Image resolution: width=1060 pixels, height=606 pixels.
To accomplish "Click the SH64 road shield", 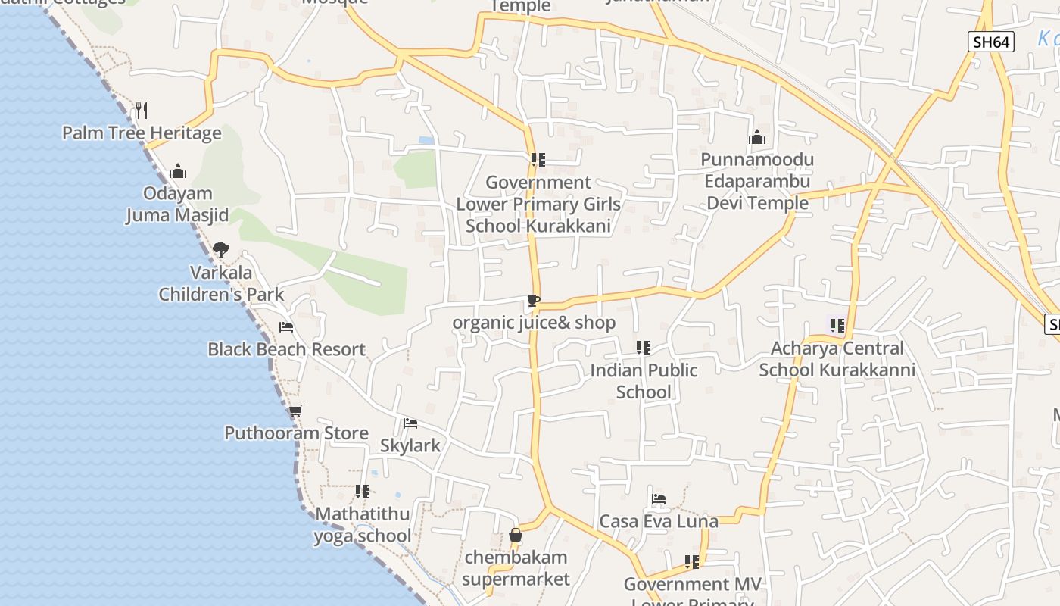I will pyautogui.click(x=991, y=42).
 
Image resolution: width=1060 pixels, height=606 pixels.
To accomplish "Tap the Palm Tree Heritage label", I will pyautogui.click(x=142, y=133).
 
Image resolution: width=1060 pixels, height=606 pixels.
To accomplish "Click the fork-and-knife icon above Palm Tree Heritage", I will pyautogui.click(x=142, y=111).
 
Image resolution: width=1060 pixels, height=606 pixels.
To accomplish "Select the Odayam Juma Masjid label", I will pyautogui.click(x=177, y=205).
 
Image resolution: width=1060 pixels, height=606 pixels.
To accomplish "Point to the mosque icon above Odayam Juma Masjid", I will pyautogui.click(x=178, y=171).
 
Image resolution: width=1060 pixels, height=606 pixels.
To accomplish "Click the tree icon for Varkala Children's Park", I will pyautogui.click(x=220, y=249).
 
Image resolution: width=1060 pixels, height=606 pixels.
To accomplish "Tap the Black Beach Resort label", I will pyautogui.click(x=286, y=349).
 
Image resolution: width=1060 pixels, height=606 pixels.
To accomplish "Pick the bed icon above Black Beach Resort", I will pyautogui.click(x=286, y=327).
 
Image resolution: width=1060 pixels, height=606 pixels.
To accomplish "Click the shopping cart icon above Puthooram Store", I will pyautogui.click(x=295, y=411).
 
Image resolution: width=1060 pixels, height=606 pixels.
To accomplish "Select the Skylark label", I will pyautogui.click(x=410, y=445).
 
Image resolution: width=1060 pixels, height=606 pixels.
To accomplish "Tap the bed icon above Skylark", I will pyautogui.click(x=410, y=423).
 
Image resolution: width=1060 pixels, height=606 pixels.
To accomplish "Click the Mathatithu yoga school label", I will pyautogui.click(x=363, y=525).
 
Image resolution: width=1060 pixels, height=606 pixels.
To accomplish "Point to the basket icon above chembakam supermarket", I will pyautogui.click(x=516, y=535).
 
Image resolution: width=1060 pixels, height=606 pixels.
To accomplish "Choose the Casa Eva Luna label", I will pyautogui.click(x=658, y=522).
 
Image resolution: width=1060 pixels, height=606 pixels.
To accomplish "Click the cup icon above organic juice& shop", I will pyautogui.click(x=534, y=301).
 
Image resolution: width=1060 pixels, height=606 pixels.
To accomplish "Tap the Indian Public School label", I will pyautogui.click(x=644, y=381).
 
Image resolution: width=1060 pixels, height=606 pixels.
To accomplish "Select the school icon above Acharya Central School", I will pyautogui.click(x=837, y=326).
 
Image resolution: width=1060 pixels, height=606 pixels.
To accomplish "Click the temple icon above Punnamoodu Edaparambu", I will pyautogui.click(x=756, y=138).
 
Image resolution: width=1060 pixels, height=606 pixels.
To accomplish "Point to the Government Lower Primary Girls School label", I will pyautogui.click(x=538, y=205).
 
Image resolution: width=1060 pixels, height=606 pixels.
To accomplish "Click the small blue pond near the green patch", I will pyautogui.click(x=426, y=141).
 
